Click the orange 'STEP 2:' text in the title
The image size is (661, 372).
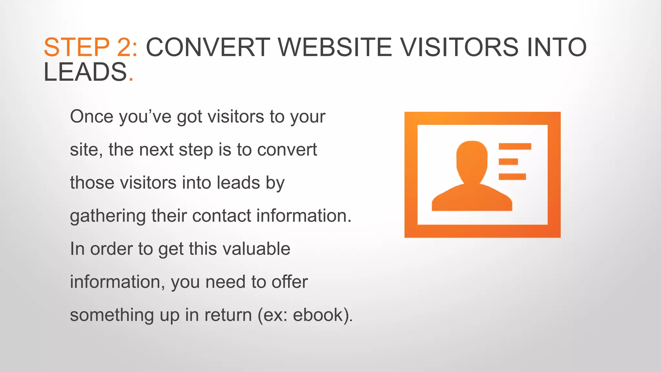tap(91, 47)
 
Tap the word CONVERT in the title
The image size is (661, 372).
tap(208, 47)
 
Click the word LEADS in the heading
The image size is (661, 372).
tap(85, 72)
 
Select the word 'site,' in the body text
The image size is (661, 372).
tap(86, 150)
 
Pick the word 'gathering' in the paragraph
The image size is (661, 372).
tap(108, 216)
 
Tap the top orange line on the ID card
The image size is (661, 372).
tap(515, 146)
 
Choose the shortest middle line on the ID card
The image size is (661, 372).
tap(508, 161)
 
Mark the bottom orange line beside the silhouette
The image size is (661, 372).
tap(512, 176)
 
